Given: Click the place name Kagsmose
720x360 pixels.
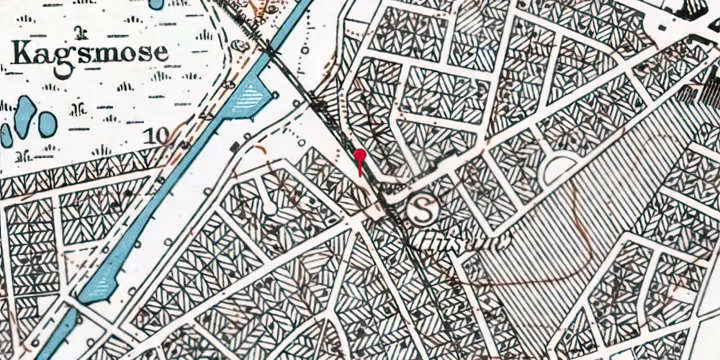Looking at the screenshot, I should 90,54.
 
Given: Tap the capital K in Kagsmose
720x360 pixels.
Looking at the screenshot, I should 22,53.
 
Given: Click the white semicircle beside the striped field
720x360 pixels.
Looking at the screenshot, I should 559,169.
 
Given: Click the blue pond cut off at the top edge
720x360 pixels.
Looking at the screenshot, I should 156,4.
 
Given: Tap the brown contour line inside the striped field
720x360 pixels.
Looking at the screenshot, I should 576,209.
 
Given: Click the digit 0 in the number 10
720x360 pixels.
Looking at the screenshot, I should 166,135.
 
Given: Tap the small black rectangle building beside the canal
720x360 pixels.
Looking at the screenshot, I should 234,148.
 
